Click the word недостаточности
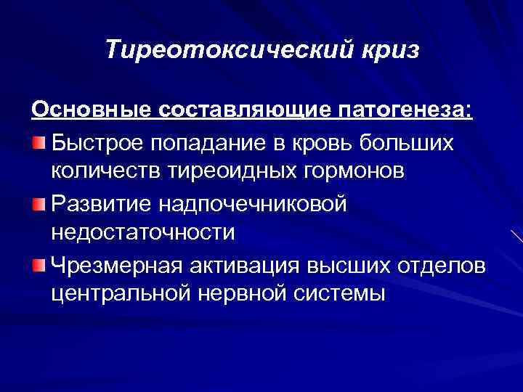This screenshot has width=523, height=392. pos(144,233)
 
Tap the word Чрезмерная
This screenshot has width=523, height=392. pos(110,266)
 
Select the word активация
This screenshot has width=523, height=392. pos(230,266)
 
